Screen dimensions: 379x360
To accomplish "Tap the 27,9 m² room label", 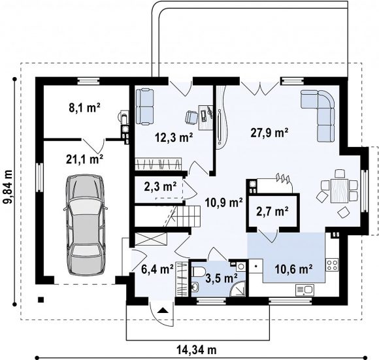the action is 269,133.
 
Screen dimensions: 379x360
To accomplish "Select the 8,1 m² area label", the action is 84,108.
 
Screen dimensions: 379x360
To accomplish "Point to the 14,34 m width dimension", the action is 197,350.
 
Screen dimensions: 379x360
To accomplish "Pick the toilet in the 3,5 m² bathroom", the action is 199,271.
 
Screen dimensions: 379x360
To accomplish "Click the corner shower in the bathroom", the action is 238,289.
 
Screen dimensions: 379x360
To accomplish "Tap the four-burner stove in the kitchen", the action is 332,265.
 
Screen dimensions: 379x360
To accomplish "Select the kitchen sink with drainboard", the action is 305,289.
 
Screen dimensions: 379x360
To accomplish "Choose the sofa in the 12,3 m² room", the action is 144,106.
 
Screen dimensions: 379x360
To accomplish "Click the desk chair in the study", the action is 191,117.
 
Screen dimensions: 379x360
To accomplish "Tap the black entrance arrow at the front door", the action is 163,310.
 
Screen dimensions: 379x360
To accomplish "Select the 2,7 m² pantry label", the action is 272,212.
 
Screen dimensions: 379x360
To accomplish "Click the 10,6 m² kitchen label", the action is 293,269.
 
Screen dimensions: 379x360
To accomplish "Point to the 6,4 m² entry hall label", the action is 157,269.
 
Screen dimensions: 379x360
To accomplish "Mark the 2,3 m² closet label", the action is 160,186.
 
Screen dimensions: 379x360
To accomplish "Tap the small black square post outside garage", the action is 41,300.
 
